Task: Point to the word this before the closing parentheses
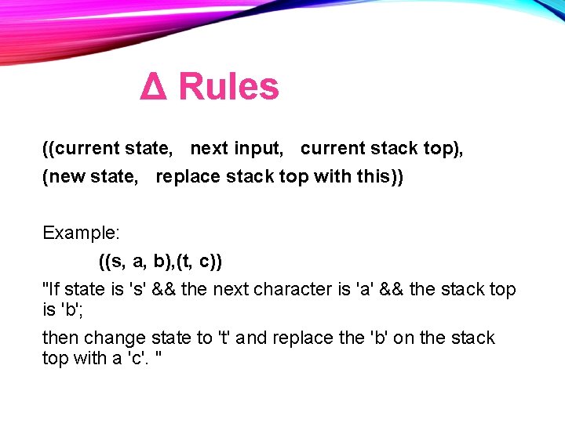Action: [x=377, y=177]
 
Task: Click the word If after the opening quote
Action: [x=56, y=289]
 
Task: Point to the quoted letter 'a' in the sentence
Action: [x=364, y=289]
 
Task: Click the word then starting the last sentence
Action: [x=60, y=338]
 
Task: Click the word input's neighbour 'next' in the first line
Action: [x=209, y=148]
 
